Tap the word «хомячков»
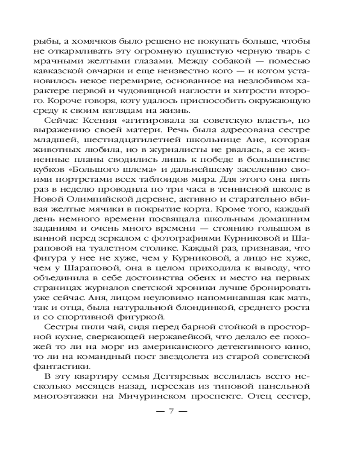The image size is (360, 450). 86,40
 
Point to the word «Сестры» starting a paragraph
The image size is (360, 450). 60,328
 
